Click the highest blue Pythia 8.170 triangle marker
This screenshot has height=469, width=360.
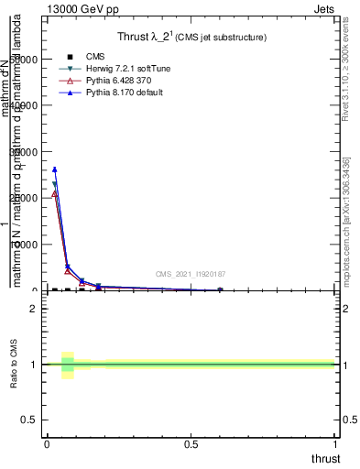tap(55, 169)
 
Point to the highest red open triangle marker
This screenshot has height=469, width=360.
tap(55, 194)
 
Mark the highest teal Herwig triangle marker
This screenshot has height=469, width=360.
tap(55, 184)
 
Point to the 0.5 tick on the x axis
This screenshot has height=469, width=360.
tap(191, 444)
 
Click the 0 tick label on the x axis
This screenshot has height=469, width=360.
tap(47, 444)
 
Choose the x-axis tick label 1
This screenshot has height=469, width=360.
tap(336, 444)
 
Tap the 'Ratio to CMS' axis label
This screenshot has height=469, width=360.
tap(14, 365)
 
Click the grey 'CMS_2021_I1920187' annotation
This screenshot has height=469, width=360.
tap(190, 274)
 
